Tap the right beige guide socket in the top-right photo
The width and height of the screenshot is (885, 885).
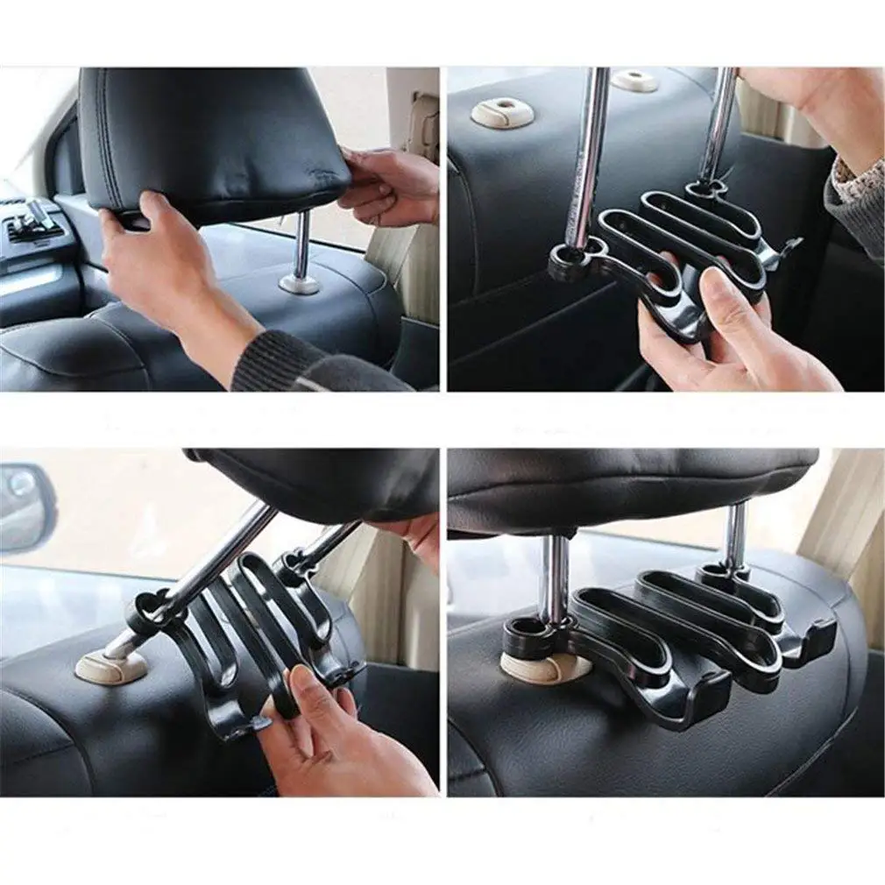[634, 81]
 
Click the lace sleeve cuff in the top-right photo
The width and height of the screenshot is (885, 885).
[854, 202]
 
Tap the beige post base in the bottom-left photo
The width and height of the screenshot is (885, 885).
[109, 666]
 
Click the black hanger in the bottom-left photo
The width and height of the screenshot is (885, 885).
[245, 640]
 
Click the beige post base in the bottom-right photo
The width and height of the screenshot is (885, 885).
[543, 666]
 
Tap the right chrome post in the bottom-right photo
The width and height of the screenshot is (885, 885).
[734, 535]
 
